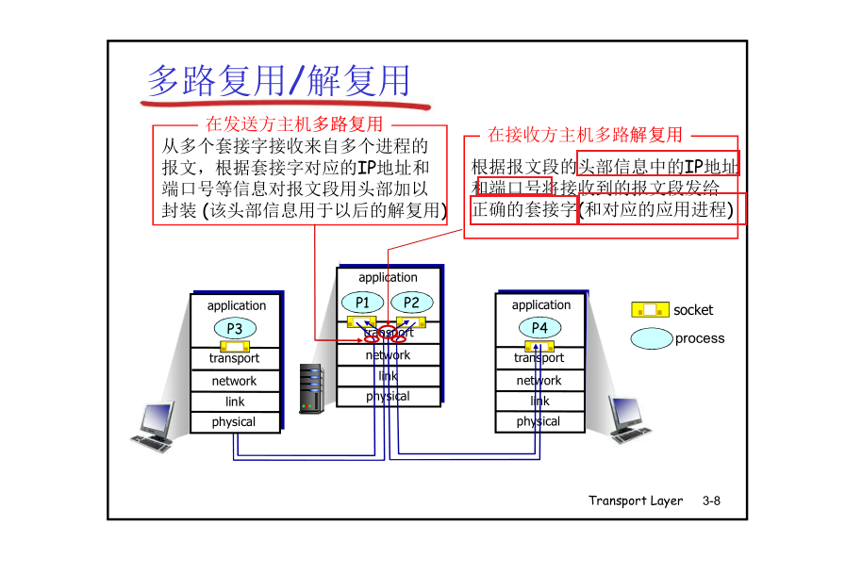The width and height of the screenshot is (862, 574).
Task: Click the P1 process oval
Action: [x=362, y=303]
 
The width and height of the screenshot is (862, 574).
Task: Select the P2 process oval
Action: [x=411, y=303]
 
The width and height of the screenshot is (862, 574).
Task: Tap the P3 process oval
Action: [x=235, y=328]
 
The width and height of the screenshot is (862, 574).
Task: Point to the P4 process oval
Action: [x=539, y=327]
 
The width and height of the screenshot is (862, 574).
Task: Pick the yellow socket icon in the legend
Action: [x=650, y=309]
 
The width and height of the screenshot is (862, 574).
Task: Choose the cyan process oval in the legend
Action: [x=652, y=338]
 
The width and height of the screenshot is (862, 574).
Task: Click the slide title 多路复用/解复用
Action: [x=279, y=81]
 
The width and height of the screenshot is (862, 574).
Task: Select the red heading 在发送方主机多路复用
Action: [x=294, y=123]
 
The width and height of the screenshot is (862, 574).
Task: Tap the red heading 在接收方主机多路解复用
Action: [x=585, y=135]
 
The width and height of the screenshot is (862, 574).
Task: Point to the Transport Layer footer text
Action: [x=636, y=500]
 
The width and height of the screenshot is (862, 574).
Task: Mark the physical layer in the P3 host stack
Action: [x=234, y=422]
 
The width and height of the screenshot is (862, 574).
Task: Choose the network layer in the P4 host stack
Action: [x=539, y=381]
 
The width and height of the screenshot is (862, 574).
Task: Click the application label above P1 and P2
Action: [x=388, y=277]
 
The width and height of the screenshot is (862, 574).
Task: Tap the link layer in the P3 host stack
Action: [x=235, y=402]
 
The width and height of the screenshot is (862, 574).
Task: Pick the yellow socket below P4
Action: [x=539, y=345]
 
